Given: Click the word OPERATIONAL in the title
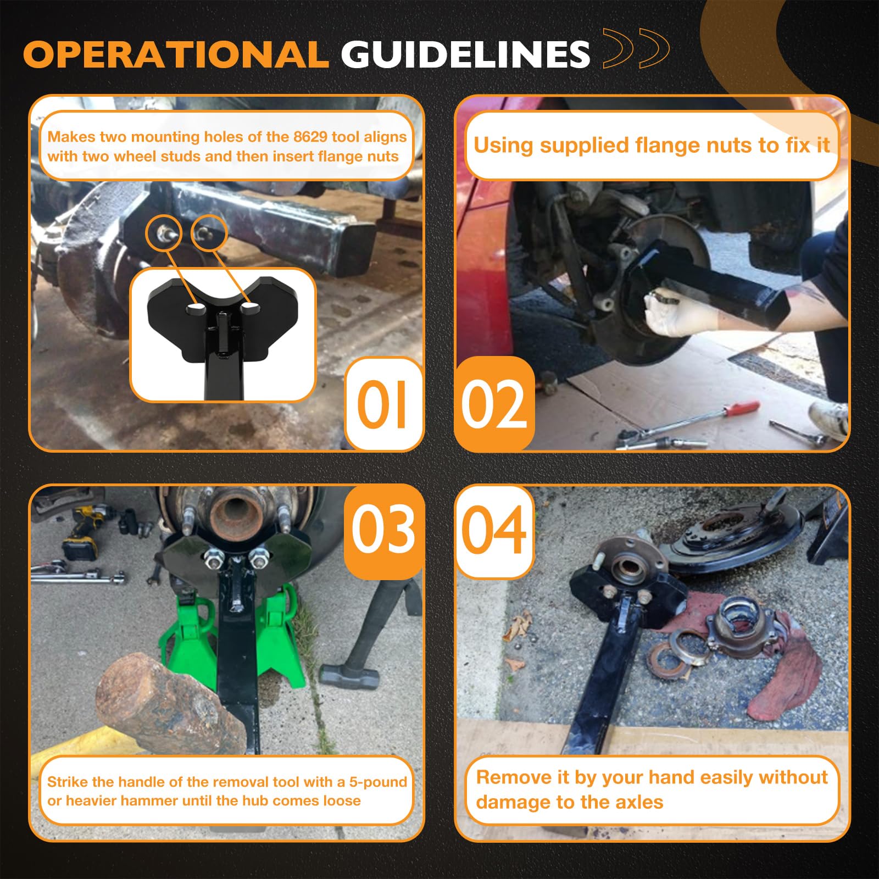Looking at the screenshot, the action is tap(176, 54).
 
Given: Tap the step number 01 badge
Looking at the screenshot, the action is tap(383, 404).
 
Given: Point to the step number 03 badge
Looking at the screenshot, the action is tap(383, 530).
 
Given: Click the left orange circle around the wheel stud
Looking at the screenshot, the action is tap(164, 233).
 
